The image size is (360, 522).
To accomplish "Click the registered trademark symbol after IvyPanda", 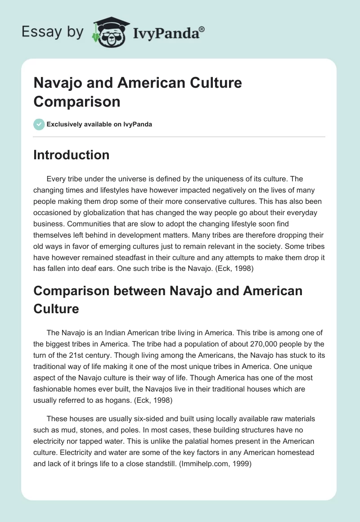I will [202, 29].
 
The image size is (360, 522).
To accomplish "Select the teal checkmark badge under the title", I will [39, 124].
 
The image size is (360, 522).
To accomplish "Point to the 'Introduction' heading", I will [72, 155].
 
